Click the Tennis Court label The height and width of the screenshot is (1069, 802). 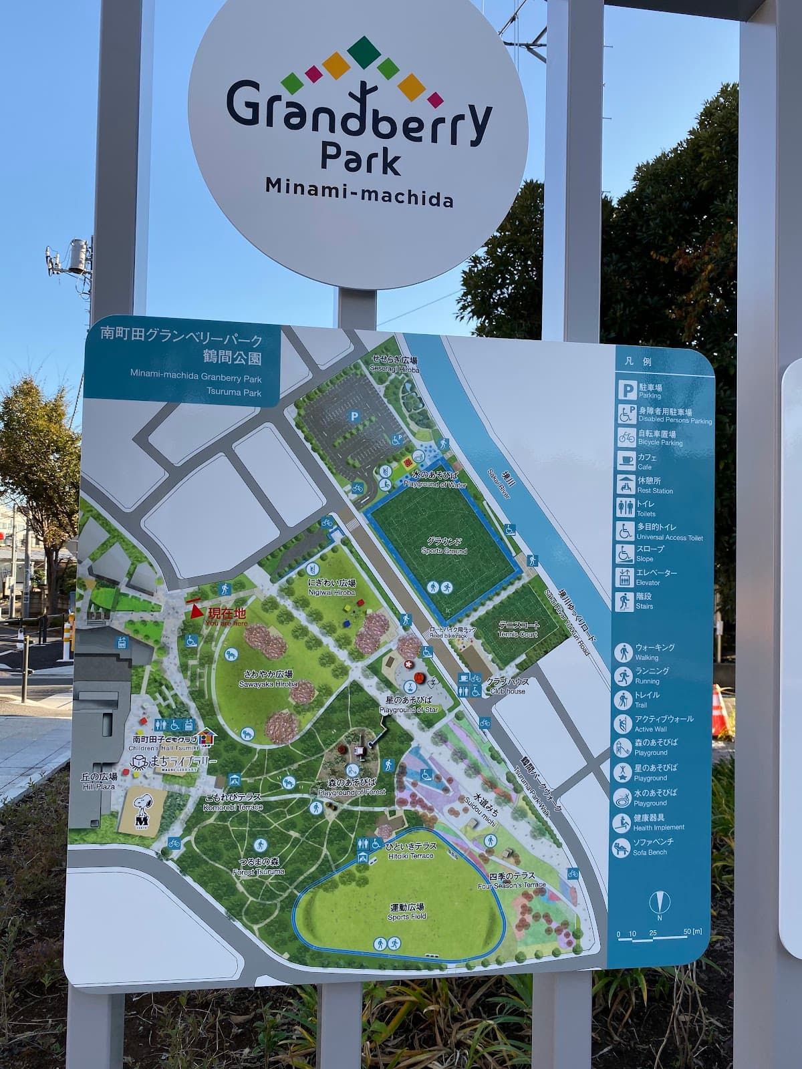pos(518,629)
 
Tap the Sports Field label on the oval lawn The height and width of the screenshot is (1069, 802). pos(407,912)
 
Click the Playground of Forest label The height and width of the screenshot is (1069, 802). pos(352,786)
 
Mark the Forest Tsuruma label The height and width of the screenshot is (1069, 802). pos(259,867)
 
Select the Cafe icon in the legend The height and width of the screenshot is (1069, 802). pos(626,461)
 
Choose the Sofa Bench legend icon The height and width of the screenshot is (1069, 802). pos(622,847)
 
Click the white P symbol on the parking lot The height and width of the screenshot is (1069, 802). pos(354,416)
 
